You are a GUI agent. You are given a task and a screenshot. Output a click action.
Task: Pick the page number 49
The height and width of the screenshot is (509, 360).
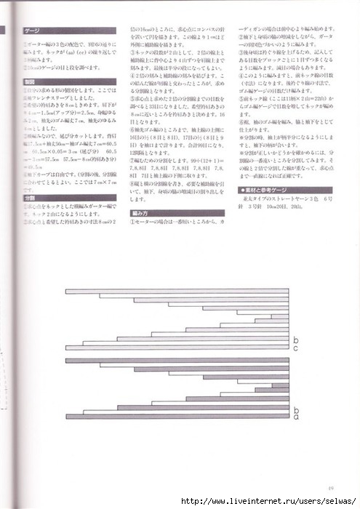[330, 488]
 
